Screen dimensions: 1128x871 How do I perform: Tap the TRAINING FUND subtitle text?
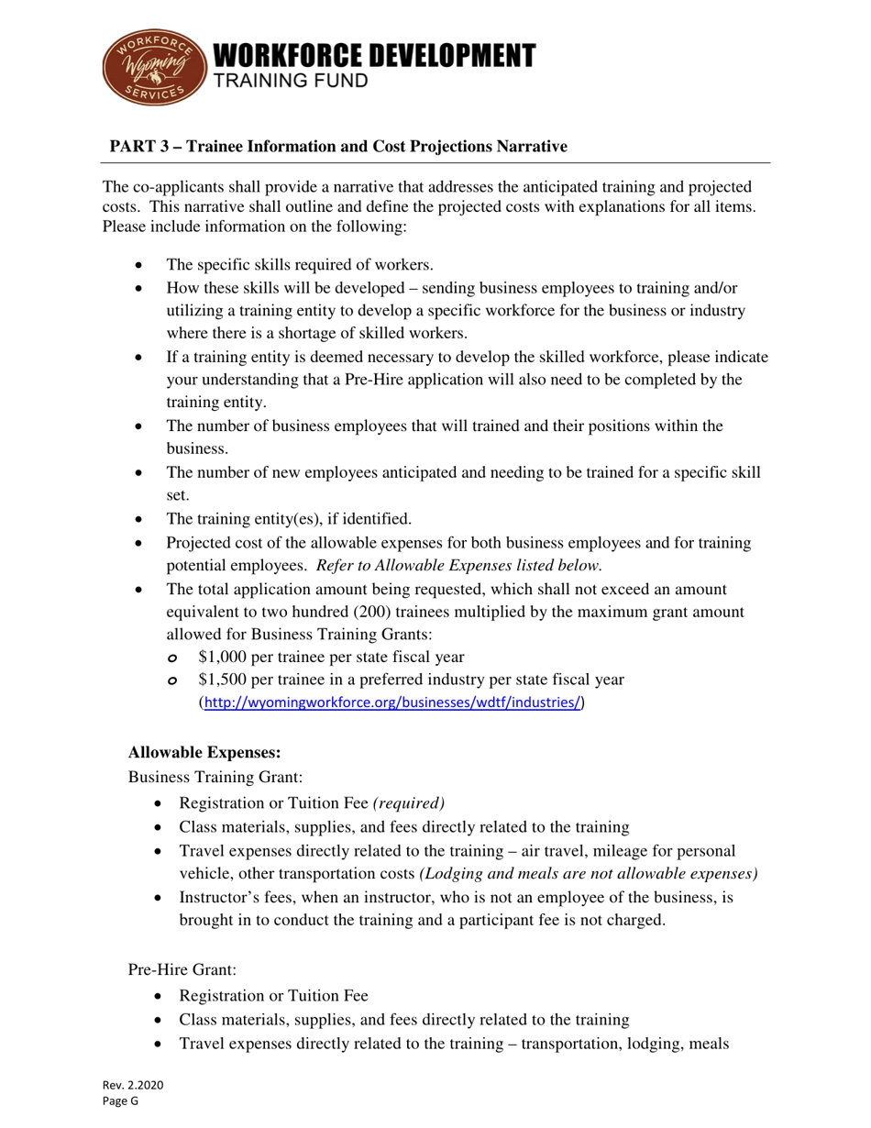coord(292,82)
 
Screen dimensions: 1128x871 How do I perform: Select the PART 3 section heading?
coord(338,146)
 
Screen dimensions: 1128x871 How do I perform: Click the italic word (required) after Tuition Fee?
coord(409,802)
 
